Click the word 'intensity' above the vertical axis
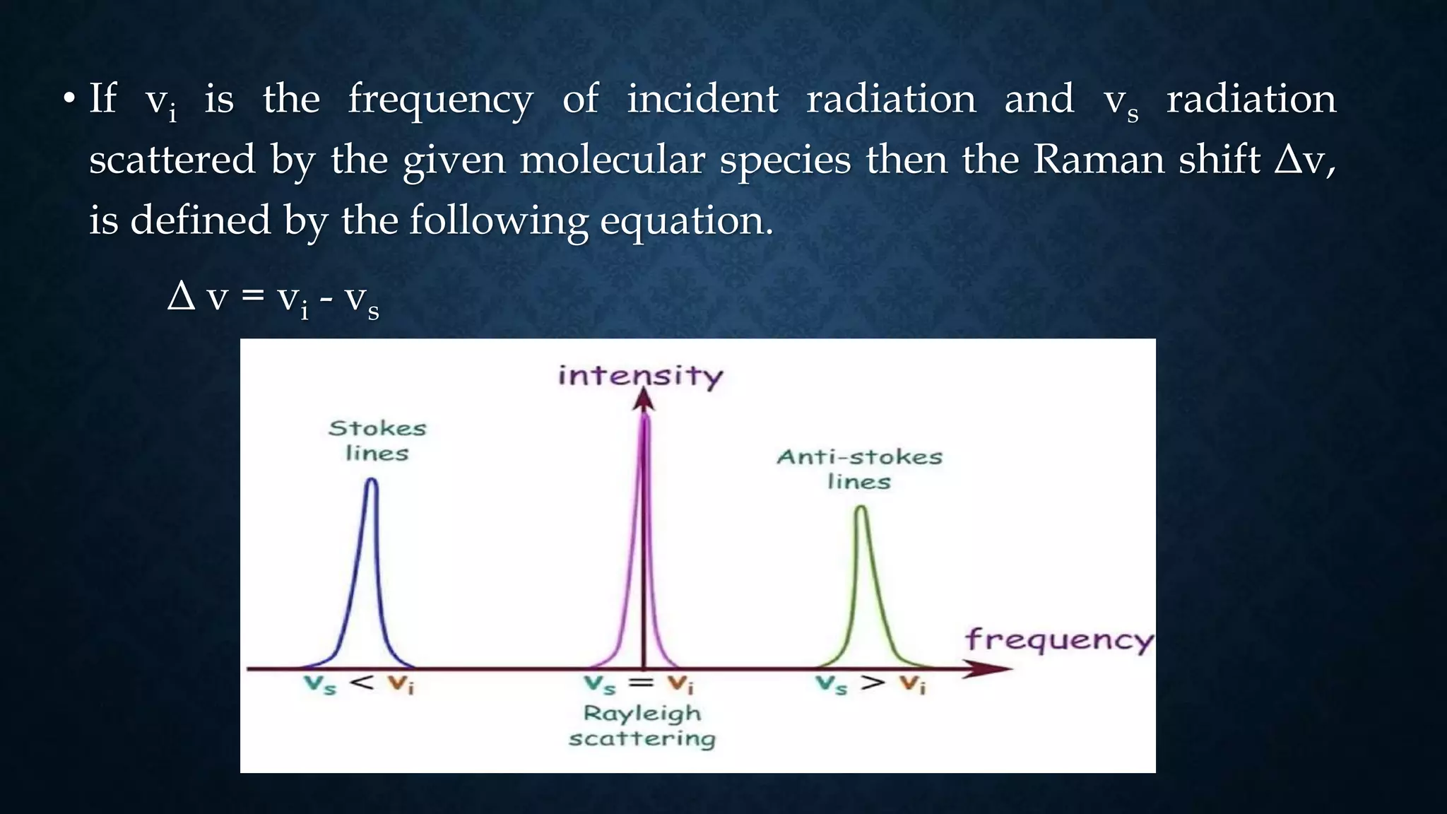tap(640, 375)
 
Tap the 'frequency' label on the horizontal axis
tap(1058, 640)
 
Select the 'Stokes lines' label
tap(377, 440)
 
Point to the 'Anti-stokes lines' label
tap(859, 468)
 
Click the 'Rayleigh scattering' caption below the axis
tap(642, 726)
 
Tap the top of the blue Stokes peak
tap(372, 482)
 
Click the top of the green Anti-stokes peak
tap(861, 509)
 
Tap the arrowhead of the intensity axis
tap(643, 400)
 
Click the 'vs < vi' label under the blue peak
tap(360, 684)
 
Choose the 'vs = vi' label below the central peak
tap(639, 684)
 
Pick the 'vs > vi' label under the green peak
tap(870, 684)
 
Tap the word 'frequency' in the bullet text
tap(440, 99)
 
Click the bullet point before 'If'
tap(68, 99)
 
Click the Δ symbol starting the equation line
tap(181, 295)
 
